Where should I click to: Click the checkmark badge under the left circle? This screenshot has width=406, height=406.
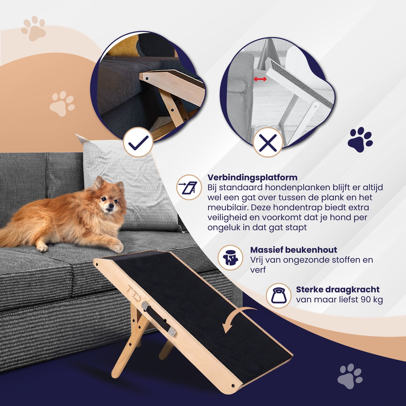click(x=138, y=142)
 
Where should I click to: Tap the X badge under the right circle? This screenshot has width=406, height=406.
click(x=267, y=143)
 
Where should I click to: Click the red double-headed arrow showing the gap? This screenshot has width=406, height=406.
click(x=260, y=79)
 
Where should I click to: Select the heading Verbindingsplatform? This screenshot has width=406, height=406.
click(x=252, y=178)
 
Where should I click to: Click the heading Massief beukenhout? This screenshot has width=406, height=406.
click(x=293, y=250)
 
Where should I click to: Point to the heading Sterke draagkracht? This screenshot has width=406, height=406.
click(x=337, y=289)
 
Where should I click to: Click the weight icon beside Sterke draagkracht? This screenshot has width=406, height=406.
click(x=278, y=296)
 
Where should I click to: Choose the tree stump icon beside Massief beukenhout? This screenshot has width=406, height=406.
click(x=230, y=258)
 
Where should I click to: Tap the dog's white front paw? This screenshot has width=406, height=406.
click(x=118, y=248)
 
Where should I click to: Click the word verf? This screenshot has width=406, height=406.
click(x=258, y=270)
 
